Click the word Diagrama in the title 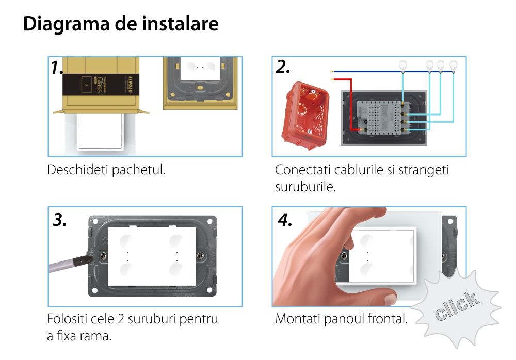coord(66,24)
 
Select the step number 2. coord(283,67)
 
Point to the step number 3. coord(59,220)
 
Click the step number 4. coord(285,220)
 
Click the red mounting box coord(305,115)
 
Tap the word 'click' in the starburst coord(457,306)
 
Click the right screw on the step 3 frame coord(201,256)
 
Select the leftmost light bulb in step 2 coord(402,66)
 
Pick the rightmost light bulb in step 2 coord(453,66)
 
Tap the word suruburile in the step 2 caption coord(305,187)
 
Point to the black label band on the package coord(101,85)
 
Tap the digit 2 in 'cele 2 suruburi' coord(121,319)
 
